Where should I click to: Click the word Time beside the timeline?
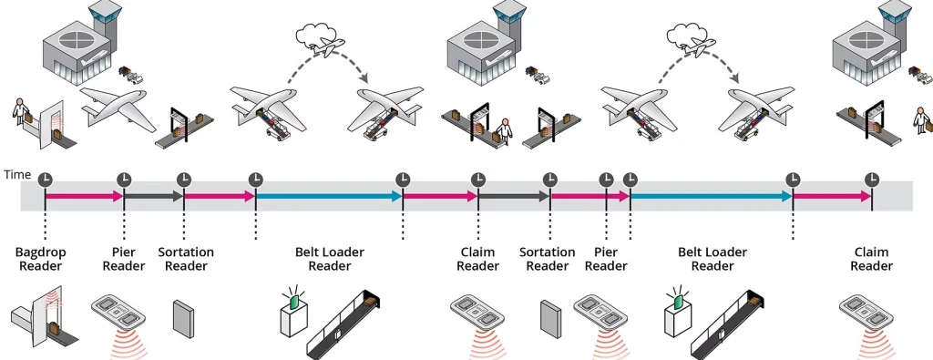16,173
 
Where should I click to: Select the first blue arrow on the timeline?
329,196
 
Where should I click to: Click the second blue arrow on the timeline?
711,196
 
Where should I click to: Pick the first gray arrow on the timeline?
153,196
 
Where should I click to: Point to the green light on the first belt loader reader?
294,294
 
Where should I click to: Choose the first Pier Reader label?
123,259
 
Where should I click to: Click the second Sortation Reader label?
547,259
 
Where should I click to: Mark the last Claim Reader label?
872,259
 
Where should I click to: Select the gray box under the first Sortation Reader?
182,315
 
